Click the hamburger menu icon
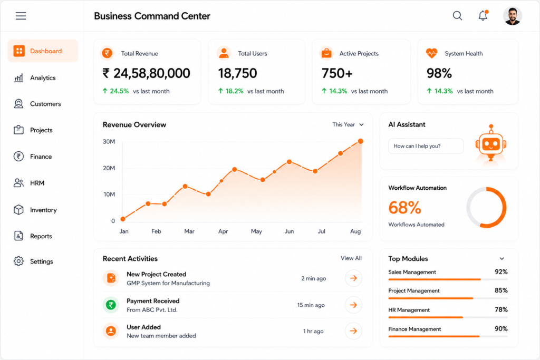click(21, 16)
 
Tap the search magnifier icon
click(457, 15)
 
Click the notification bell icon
click(483, 15)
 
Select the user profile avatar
click(513, 16)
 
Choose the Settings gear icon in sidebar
click(18, 261)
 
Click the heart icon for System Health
click(431, 53)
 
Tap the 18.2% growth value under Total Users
click(234, 91)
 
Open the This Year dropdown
click(348, 124)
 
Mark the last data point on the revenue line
click(361, 141)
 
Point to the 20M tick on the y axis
click(109, 168)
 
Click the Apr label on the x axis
click(223, 231)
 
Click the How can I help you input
click(426, 146)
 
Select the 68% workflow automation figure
click(404, 208)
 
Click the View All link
click(351, 258)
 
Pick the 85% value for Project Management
click(501, 290)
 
